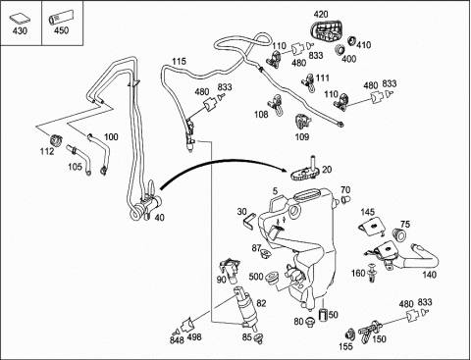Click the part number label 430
(x=20, y=31)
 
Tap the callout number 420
(x=321, y=15)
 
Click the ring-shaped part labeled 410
(x=351, y=41)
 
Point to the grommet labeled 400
(x=340, y=50)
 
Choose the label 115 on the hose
(x=179, y=62)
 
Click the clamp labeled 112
(x=56, y=140)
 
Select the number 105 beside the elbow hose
(x=75, y=167)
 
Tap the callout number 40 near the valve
(x=159, y=217)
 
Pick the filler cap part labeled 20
(x=305, y=170)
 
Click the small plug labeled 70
(x=345, y=199)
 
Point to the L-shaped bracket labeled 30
(x=248, y=221)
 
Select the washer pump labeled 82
(x=246, y=307)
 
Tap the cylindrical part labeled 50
(x=323, y=315)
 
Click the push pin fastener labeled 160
(x=372, y=273)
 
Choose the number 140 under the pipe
(x=429, y=275)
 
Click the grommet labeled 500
(x=272, y=278)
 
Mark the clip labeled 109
(x=302, y=122)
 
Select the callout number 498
(x=194, y=336)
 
